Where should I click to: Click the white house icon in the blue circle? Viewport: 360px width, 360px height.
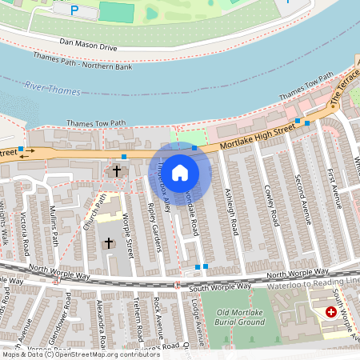tap(180, 172)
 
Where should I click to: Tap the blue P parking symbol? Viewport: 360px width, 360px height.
tap(74, 10)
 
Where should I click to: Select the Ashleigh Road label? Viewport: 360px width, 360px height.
tap(231, 211)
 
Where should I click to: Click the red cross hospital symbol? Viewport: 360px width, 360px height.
tap(331, 313)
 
